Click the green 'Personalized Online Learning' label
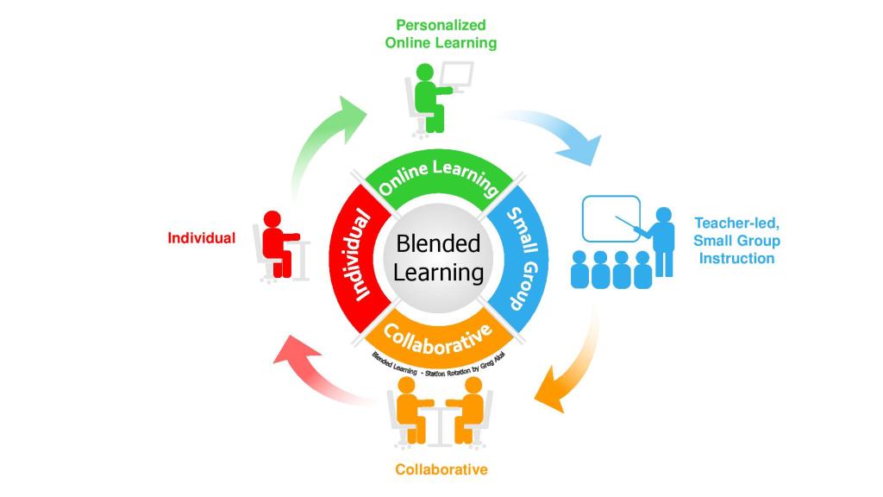(441, 34)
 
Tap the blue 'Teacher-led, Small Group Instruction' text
(736, 241)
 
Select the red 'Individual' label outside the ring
(201, 238)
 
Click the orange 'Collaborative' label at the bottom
(441, 469)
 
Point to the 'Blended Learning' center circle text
(438, 258)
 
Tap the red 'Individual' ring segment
(356, 257)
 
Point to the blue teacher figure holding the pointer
(662, 242)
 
